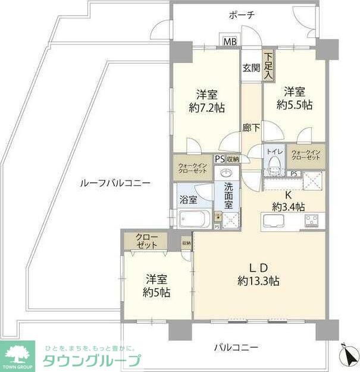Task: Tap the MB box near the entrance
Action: pyautogui.click(x=230, y=42)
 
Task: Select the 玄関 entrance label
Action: pyautogui.click(x=251, y=68)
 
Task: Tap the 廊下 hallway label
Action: pyautogui.click(x=251, y=127)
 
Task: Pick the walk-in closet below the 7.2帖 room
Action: pyautogui.click(x=193, y=168)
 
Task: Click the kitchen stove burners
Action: pyautogui.click(x=312, y=221)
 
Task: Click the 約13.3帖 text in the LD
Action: pyautogui.click(x=258, y=280)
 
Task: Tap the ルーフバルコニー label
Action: pyautogui.click(x=115, y=184)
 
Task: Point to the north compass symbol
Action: pyautogui.click(x=347, y=355)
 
